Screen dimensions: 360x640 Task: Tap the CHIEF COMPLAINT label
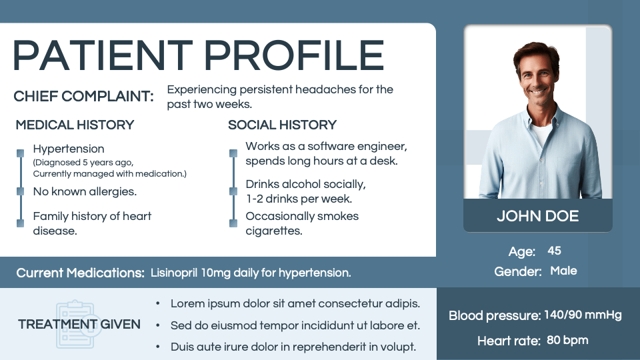click(83, 97)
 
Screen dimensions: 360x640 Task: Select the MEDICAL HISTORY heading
click(75, 125)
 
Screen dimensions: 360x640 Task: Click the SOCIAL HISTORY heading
click(282, 125)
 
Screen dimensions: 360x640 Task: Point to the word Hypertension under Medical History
click(69, 149)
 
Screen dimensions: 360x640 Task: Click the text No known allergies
click(85, 192)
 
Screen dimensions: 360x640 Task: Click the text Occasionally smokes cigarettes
click(301, 223)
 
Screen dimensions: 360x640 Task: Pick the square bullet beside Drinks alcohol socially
click(233, 191)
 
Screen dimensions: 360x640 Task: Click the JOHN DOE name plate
click(537, 216)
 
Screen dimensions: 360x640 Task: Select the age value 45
click(554, 251)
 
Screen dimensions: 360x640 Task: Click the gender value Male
click(563, 271)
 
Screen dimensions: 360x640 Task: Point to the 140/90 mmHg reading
click(583, 315)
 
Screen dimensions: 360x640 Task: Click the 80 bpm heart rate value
click(567, 340)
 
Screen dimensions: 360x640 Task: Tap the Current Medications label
click(80, 273)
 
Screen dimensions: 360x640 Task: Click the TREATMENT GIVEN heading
click(79, 325)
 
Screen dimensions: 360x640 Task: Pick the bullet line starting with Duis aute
click(293, 347)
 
